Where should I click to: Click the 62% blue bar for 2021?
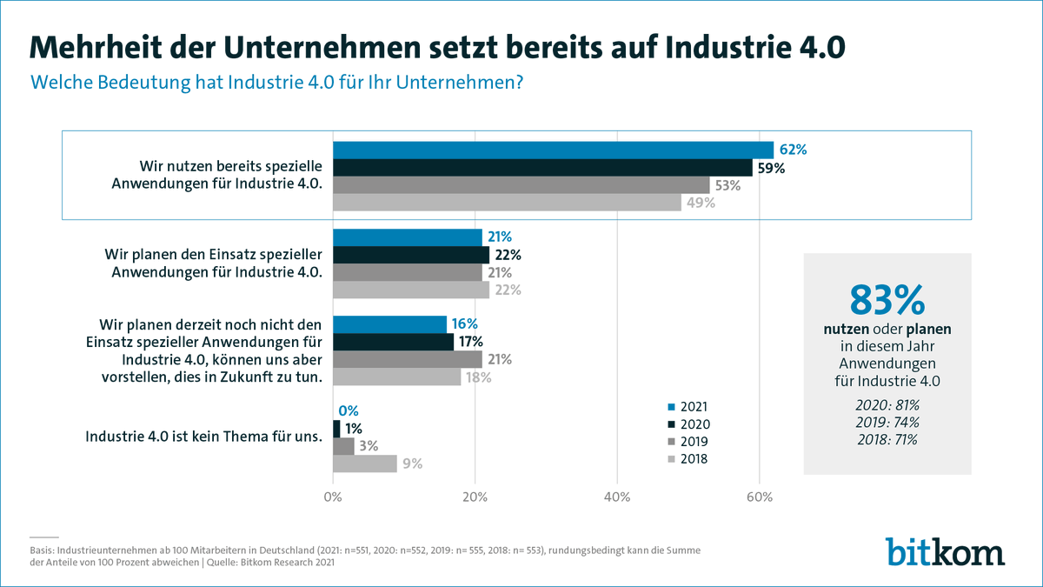553,150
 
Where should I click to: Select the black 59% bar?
542,168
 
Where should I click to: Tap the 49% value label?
700,203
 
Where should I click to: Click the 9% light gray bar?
364,464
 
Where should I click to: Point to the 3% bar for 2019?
343,446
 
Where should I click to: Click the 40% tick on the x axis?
617,497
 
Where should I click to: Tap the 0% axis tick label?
333,497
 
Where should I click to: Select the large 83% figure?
887,299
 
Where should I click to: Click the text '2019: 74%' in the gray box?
887,422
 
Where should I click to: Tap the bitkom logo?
945,551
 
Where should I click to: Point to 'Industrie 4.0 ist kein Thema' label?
203,437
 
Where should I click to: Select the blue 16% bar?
389,324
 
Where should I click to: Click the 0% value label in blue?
348,410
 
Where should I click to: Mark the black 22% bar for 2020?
411,255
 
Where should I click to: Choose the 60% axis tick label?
760,497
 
